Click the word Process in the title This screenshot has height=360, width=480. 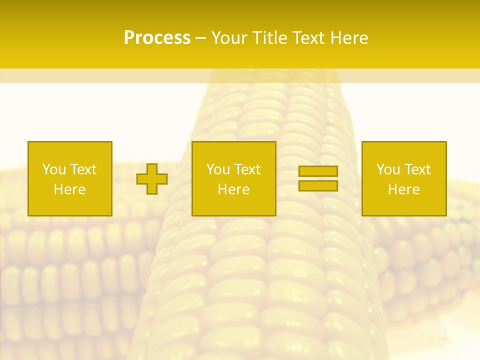pyautogui.click(x=157, y=38)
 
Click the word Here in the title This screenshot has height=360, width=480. pyautogui.click(x=350, y=38)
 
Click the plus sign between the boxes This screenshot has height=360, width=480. pyautogui.click(x=152, y=179)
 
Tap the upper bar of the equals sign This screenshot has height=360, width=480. pyautogui.click(x=318, y=171)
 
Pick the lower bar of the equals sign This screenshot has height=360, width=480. pyautogui.click(x=318, y=186)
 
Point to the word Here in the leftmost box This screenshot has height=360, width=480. pyautogui.click(x=69, y=189)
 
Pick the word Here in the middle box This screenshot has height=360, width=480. pyautogui.click(x=233, y=189)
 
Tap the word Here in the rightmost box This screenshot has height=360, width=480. pyautogui.click(x=403, y=189)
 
